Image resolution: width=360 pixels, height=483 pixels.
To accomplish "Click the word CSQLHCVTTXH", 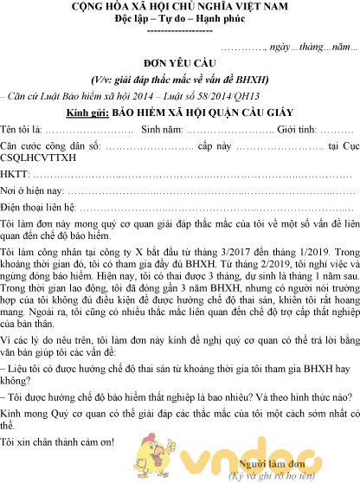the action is (39, 158).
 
